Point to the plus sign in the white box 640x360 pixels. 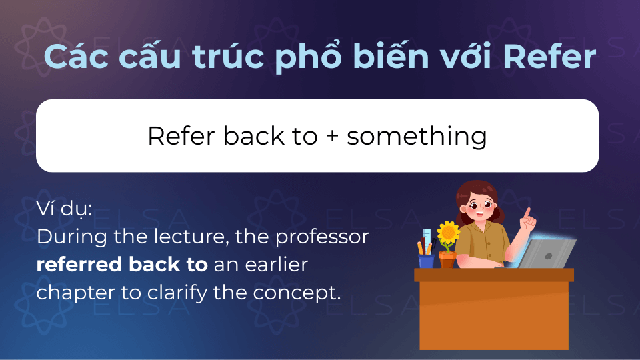pos(333,136)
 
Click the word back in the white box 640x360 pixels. pos(254,135)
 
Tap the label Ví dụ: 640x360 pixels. pos(65,209)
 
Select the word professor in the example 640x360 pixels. pos(322,237)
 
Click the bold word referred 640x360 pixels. pos(79,264)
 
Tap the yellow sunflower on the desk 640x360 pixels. pos(448,232)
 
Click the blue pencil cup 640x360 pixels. pos(426,261)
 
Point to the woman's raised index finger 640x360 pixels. pos(527,213)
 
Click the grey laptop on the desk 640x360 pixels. pos(546,254)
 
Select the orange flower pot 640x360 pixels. pos(447,259)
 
